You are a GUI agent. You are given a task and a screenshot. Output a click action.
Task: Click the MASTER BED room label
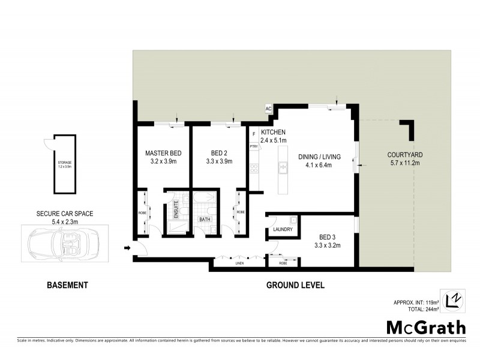(x=163, y=153)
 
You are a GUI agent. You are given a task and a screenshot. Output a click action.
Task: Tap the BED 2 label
(x=218, y=153)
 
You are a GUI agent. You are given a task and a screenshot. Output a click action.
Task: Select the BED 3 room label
(x=327, y=236)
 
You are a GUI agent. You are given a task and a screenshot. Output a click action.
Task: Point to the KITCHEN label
(x=273, y=132)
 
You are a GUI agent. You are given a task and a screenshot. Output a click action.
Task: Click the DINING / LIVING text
(x=319, y=157)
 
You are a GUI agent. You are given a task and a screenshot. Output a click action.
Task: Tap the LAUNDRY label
(x=282, y=230)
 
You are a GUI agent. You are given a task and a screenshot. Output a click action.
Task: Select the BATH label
(x=205, y=220)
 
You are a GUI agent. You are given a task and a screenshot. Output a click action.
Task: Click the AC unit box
(x=268, y=109)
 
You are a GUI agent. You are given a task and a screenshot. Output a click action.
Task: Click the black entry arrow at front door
(x=127, y=247)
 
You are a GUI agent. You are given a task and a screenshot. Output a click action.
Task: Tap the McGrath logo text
(x=425, y=327)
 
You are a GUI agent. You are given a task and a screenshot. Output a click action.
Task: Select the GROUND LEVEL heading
(x=295, y=286)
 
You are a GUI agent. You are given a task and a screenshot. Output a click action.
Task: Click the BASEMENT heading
(x=67, y=286)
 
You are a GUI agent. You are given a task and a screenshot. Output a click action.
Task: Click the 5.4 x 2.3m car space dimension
(x=64, y=221)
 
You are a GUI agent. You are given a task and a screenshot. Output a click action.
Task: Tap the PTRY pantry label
(x=254, y=146)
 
